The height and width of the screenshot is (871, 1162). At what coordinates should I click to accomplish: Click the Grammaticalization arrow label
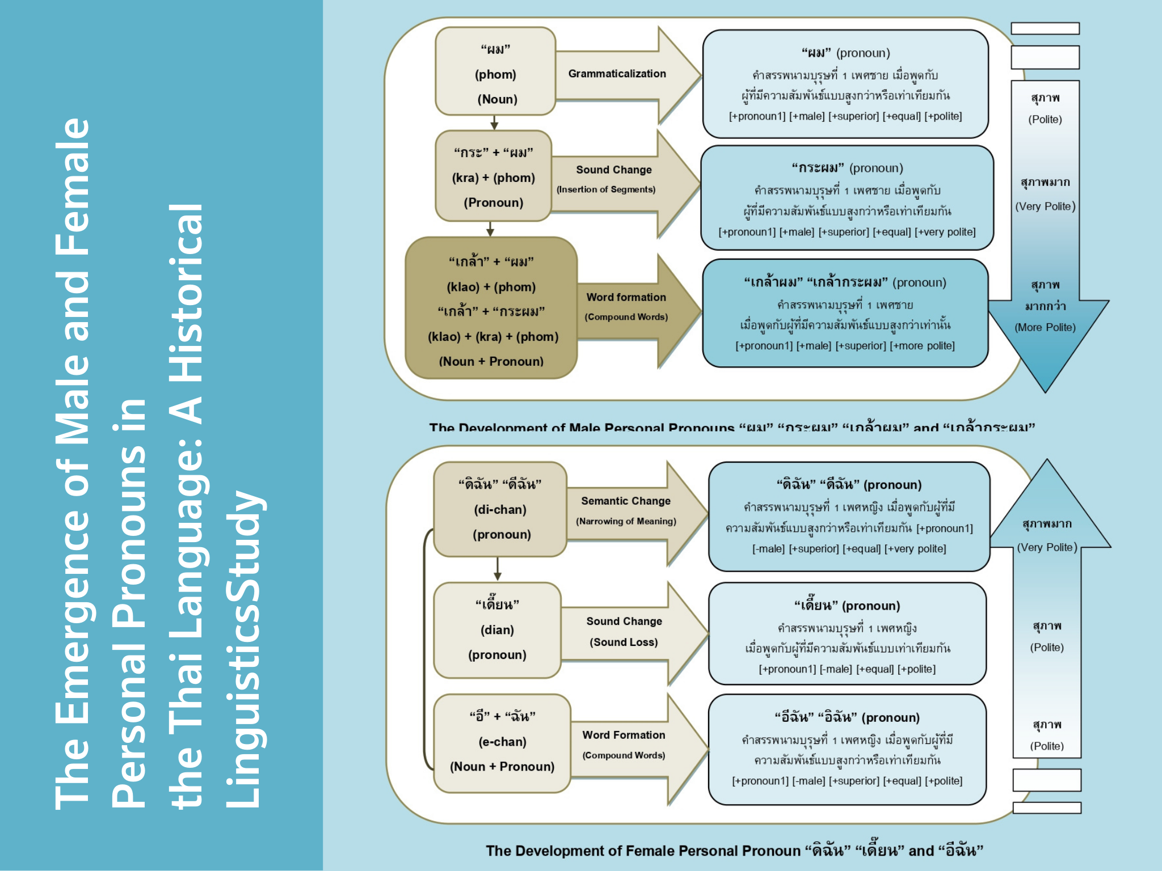coord(617,74)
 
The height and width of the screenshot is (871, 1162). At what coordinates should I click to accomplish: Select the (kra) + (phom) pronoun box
coord(493,176)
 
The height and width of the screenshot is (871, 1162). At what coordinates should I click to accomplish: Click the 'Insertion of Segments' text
coord(606,189)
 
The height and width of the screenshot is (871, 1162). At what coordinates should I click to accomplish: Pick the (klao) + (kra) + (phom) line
coord(493,337)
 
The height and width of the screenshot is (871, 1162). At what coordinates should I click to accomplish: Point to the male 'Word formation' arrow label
coord(626,297)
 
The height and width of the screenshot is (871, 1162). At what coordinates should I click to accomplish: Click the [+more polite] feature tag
coord(922,346)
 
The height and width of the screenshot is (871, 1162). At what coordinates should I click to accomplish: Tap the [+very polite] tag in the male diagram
coord(945,232)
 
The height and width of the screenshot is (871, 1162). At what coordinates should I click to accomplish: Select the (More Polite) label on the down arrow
coord(1045,327)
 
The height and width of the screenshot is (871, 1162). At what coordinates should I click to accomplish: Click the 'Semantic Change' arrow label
coord(625,501)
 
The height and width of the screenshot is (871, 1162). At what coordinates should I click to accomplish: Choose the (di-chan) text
coord(500,510)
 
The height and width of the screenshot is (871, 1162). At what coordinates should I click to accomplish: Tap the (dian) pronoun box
coord(497,630)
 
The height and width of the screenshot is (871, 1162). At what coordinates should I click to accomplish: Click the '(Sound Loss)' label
coord(624,642)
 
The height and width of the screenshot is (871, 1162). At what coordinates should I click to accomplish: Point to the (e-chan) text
coord(502,742)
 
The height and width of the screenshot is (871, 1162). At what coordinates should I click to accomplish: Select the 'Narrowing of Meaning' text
coord(626,521)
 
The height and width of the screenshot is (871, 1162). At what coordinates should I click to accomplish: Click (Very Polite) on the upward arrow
coord(1047,547)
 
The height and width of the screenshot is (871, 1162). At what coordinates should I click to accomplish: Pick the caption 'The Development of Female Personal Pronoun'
coord(643,851)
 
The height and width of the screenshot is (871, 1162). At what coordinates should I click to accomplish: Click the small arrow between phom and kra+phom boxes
coord(494,123)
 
